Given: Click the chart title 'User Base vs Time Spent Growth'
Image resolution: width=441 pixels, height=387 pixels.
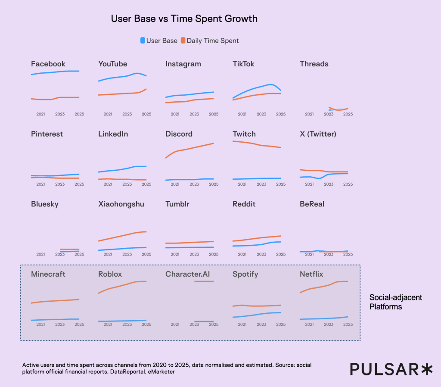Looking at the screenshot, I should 184,19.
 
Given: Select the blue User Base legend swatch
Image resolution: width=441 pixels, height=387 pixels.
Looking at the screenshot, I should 143,41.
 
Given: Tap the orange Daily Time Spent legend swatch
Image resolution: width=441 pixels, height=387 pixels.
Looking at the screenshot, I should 183,41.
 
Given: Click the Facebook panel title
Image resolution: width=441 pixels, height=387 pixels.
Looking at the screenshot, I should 48,64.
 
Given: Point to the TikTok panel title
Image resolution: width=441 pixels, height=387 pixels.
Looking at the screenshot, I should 243,64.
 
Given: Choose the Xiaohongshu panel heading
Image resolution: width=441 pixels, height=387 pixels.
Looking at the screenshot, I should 121,204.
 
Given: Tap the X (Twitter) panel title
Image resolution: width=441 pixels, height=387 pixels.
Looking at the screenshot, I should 318,134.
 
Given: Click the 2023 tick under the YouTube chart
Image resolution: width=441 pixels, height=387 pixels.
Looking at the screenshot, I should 127,114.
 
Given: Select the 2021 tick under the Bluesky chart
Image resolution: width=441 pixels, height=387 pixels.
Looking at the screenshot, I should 41,254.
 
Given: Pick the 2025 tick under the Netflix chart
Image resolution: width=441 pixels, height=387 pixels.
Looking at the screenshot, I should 348,325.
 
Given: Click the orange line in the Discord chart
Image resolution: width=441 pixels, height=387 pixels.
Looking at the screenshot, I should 189,149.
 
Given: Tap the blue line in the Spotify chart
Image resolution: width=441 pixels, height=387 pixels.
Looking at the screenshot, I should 256,315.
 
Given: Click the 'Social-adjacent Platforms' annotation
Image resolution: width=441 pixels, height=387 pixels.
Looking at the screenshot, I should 396,302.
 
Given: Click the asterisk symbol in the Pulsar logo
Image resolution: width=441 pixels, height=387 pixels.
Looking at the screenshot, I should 426,369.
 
